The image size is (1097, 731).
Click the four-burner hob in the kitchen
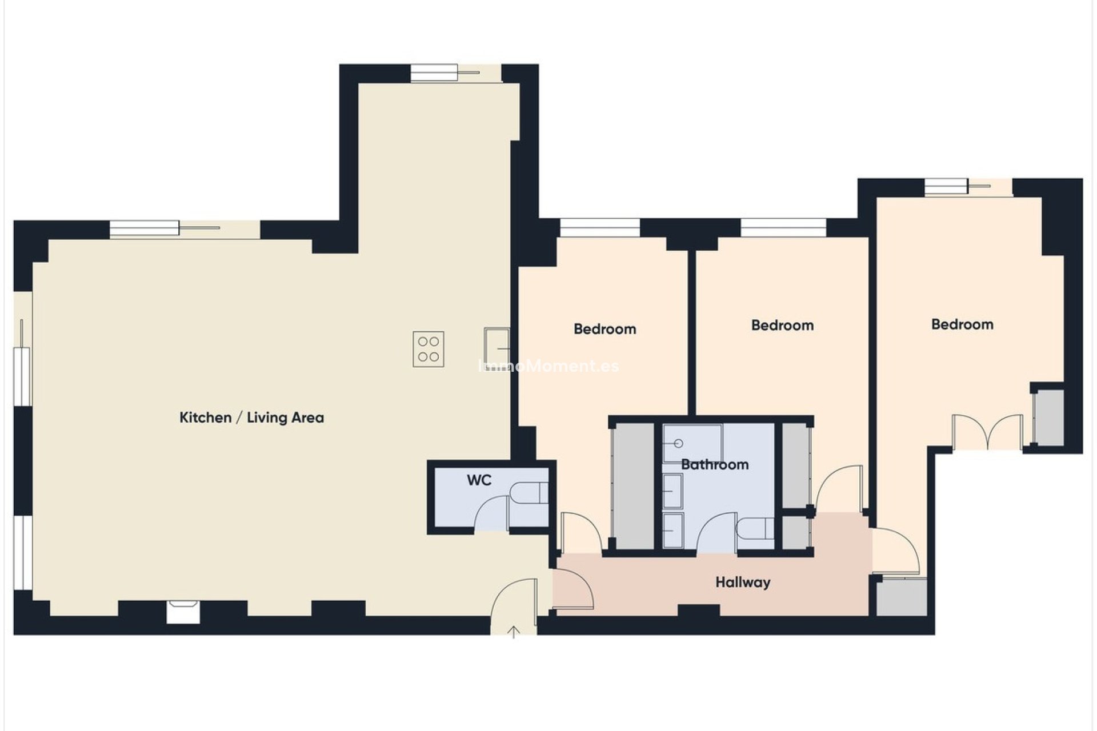click(x=428, y=349)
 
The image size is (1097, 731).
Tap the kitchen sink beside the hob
click(x=496, y=346)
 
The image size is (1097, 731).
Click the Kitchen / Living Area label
click(x=251, y=417)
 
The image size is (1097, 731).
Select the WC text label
click(x=479, y=480)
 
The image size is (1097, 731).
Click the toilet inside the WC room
click(x=529, y=493)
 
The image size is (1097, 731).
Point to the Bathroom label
click(x=714, y=464)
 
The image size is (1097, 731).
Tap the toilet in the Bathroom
click(x=754, y=528)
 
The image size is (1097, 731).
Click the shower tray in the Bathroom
click(x=692, y=443)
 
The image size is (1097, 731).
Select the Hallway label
click(x=742, y=582)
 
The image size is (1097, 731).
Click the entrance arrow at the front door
click(x=514, y=632)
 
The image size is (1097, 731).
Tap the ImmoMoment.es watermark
click(x=548, y=366)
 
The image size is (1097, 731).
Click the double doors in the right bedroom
click(x=987, y=432)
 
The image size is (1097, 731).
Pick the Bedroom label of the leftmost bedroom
click(x=604, y=329)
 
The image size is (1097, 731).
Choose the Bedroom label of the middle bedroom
click(x=782, y=326)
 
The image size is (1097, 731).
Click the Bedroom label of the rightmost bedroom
click(x=962, y=324)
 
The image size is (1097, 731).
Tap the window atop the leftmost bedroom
click(x=600, y=227)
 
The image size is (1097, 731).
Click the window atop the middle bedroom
click(x=783, y=227)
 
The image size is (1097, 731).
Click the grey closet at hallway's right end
click(x=901, y=597)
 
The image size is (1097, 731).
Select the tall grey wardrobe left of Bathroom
click(x=633, y=486)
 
